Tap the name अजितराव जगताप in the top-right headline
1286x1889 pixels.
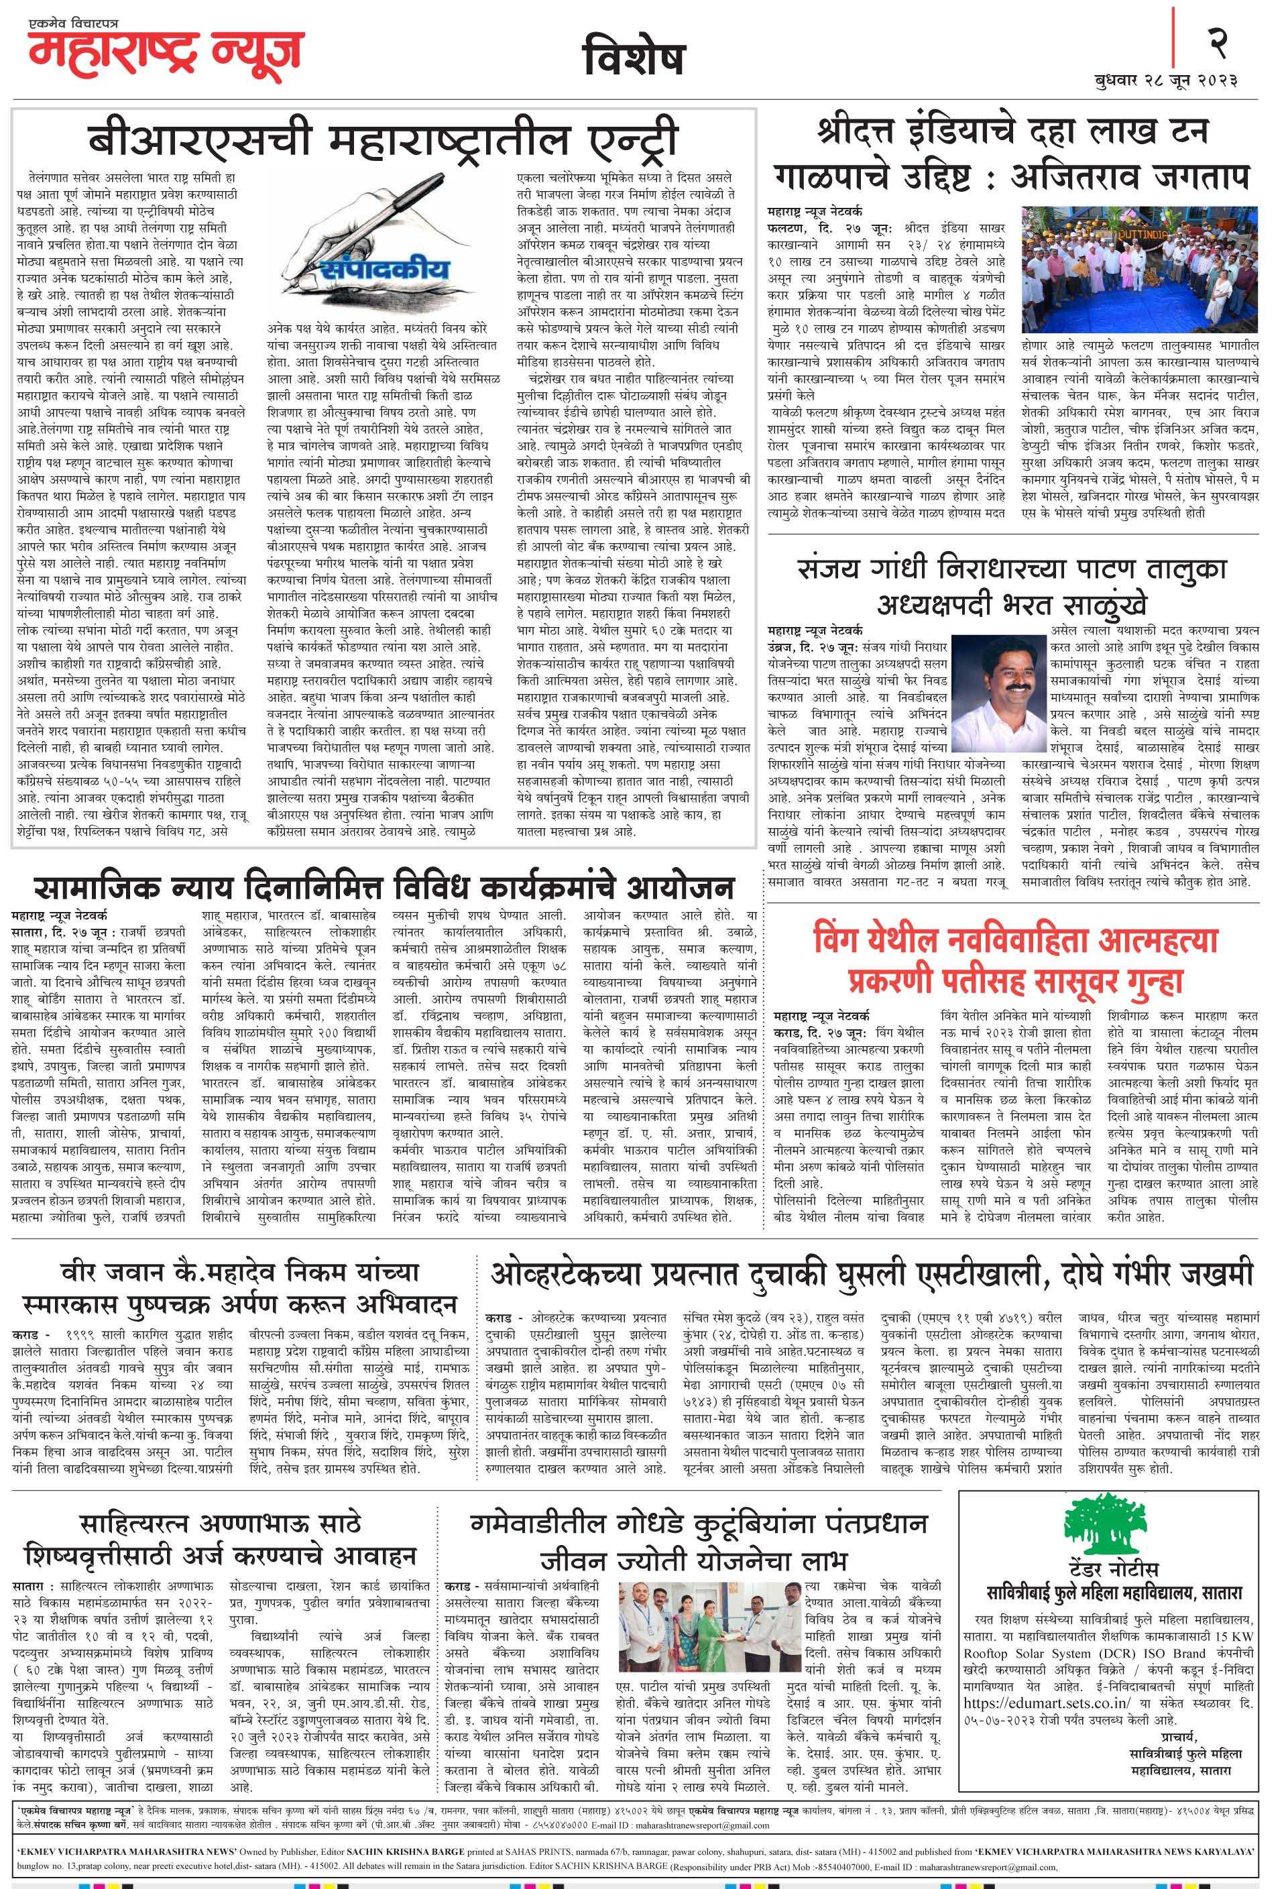click(1130, 176)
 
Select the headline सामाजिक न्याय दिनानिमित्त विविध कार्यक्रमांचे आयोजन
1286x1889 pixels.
click(384, 886)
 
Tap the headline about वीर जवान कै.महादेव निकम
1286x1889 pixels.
click(240, 1288)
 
